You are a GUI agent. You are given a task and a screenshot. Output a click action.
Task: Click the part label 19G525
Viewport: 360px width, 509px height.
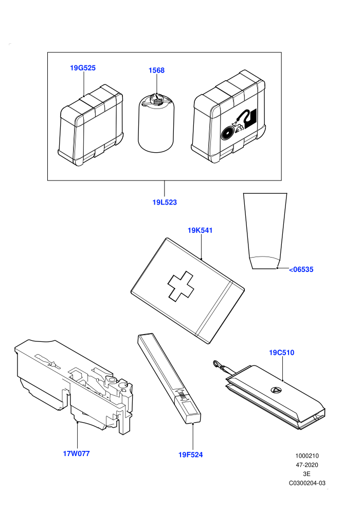pos(83,68)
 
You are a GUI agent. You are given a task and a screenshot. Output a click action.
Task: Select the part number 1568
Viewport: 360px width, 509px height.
pos(156,70)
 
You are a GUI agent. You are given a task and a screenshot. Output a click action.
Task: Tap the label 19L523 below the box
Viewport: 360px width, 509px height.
pos(165,202)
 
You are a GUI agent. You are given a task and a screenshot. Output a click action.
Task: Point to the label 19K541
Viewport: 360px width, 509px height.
pos(200,230)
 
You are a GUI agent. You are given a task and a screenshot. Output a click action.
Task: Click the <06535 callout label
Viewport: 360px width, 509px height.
pos(301,269)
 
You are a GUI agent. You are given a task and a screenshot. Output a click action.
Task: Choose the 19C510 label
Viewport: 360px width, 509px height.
pos(282,352)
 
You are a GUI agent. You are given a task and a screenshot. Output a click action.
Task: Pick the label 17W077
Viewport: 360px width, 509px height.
pos(76,453)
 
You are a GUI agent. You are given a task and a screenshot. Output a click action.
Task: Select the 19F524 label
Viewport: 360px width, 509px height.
pos(191,455)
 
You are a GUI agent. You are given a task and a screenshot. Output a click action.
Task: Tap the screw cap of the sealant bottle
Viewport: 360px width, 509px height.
pos(158,101)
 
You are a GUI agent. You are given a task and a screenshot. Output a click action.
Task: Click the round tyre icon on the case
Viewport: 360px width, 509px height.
pos(227,133)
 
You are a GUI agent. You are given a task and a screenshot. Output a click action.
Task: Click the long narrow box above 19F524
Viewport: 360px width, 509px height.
pos(169,378)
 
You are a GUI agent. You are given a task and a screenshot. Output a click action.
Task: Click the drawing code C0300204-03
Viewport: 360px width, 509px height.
pos(307,483)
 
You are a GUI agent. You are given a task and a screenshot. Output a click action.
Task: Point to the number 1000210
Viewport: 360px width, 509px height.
pos(307,456)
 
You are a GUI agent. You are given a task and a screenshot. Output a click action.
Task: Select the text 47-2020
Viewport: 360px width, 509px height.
pos(307,465)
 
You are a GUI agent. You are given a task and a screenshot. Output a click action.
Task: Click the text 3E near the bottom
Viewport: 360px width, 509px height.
pos(307,474)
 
